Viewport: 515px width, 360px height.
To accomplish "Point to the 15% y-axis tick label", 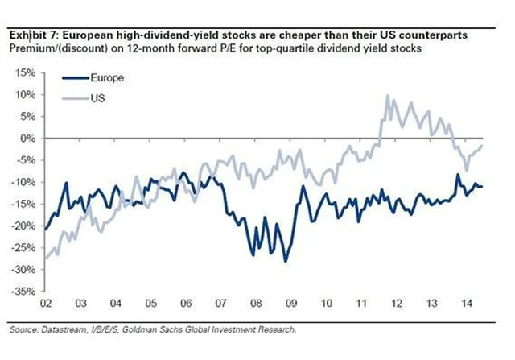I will [23, 72].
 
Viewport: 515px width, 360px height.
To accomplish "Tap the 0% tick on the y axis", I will [26, 139].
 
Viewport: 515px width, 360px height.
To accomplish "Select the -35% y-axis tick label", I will [22, 292].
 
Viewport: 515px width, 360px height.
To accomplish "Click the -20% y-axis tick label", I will [22, 226].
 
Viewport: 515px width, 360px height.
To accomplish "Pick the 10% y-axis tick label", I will [23, 95].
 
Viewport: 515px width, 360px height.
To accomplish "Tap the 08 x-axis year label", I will [254, 306].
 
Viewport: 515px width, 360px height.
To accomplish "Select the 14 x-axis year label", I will [465, 306].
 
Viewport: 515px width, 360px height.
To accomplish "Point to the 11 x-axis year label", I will [360, 306].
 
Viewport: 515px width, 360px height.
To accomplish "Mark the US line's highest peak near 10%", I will [388, 96].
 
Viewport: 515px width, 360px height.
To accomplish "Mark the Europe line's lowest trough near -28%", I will [284, 261].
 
